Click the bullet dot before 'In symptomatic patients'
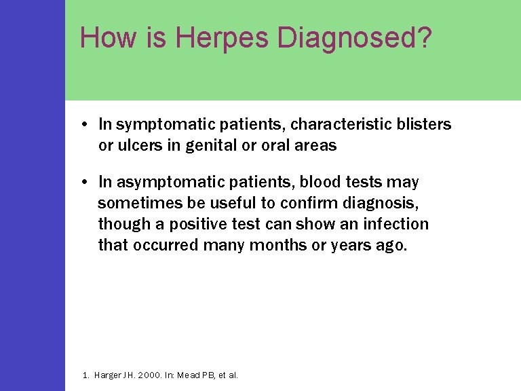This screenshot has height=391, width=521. (x=81, y=125)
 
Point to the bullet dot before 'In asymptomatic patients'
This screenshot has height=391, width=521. (x=81, y=183)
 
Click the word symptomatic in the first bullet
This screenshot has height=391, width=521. (x=157, y=125)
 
